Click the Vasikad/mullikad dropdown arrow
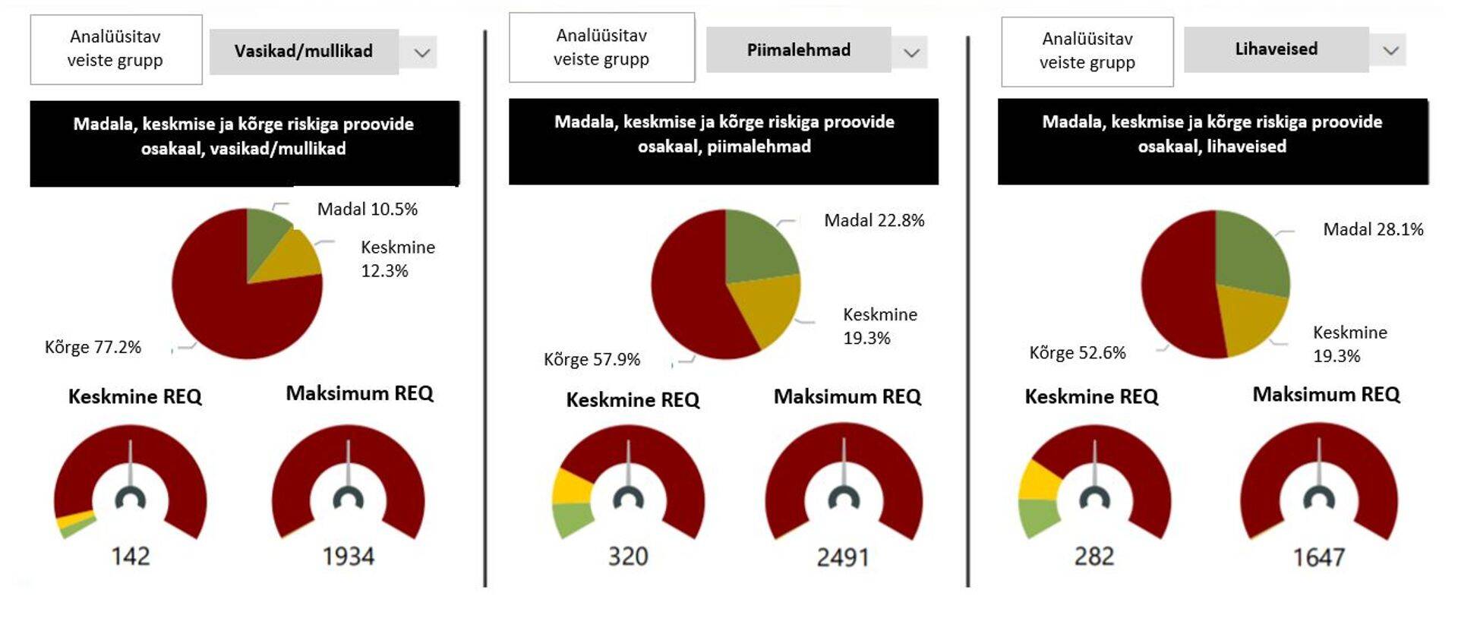[x=422, y=52]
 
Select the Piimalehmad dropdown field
[x=798, y=50]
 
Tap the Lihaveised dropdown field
[x=1276, y=49]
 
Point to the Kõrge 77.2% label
[x=93, y=347]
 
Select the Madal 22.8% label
[x=874, y=220]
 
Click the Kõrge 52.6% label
[x=1077, y=352]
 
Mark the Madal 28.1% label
[x=1373, y=229]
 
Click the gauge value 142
[x=131, y=557]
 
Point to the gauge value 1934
[x=349, y=557]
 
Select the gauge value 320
[x=628, y=557]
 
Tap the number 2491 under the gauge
[x=843, y=558]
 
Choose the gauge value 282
[x=1094, y=557]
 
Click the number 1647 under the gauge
[x=1319, y=558]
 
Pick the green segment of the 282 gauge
[x=1038, y=517]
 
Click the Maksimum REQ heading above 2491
[x=847, y=396]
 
